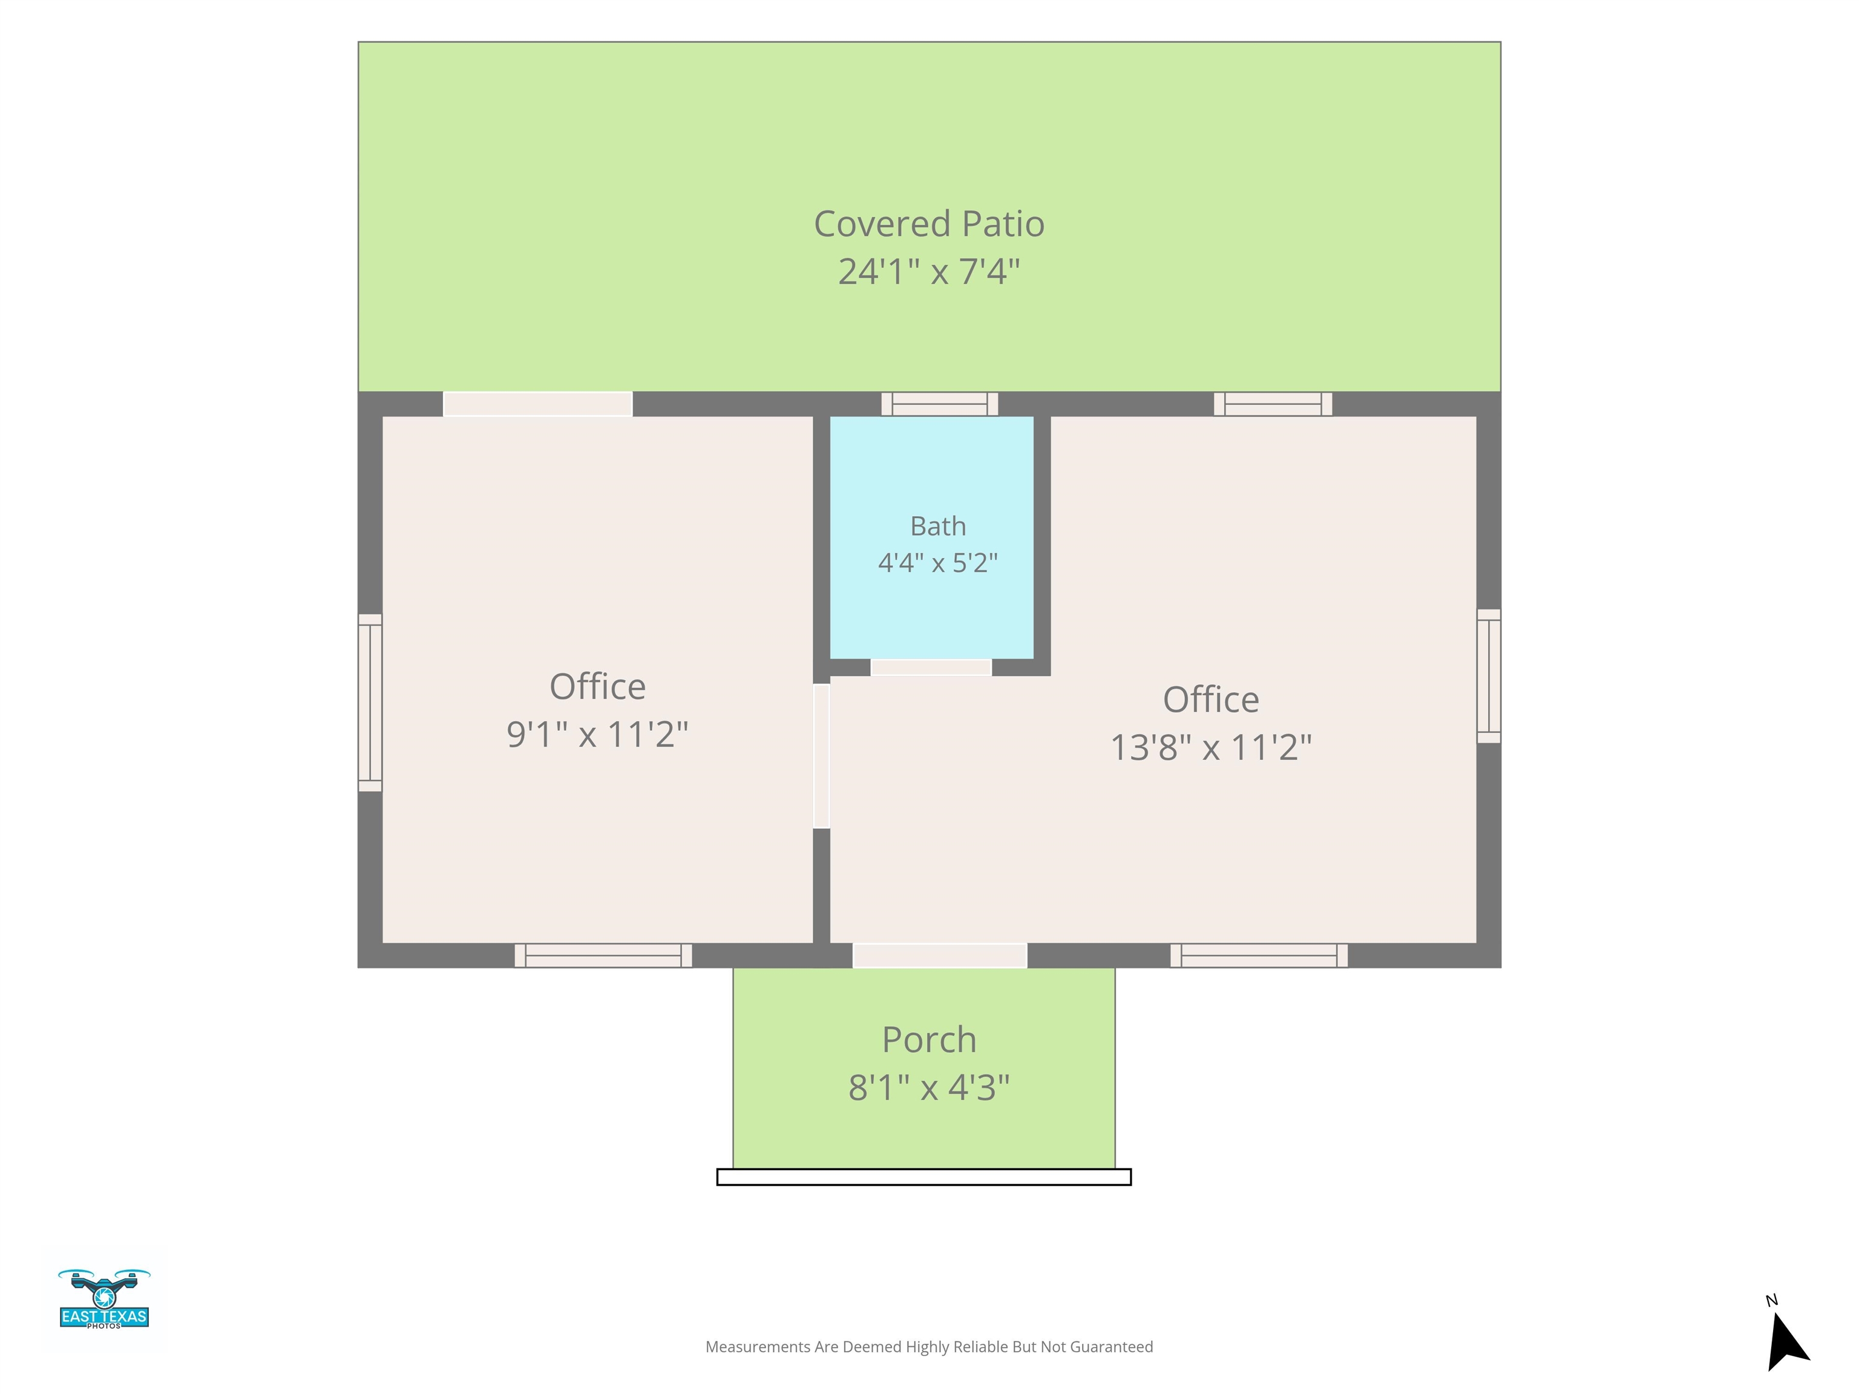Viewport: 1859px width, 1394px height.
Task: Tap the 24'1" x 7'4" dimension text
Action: click(929, 272)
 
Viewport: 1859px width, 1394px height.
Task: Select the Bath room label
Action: click(938, 526)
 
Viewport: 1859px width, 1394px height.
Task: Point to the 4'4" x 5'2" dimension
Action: click(938, 562)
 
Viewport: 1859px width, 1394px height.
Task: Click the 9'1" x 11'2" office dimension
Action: click(597, 735)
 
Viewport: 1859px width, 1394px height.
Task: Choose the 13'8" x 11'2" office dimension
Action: click(1211, 747)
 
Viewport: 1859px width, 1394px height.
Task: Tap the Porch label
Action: click(929, 1040)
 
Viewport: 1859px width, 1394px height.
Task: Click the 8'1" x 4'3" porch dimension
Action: click(929, 1087)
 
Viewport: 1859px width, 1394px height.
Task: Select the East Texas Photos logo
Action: click(104, 1299)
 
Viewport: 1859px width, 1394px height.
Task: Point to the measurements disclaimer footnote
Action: click(929, 1347)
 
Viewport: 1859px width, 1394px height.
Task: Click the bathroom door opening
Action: click(931, 667)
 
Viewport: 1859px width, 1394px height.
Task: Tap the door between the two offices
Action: click(821, 756)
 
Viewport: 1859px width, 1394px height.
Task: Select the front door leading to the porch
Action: click(940, 955)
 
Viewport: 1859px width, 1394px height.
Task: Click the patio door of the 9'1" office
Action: click(538, 404)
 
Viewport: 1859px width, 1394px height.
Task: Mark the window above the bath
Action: click(940, 404)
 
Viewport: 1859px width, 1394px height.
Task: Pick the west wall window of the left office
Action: click(370, 702)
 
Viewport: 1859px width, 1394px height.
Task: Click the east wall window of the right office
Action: click(1489, 676)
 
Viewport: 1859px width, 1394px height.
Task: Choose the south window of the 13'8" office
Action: click(1259, 955)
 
